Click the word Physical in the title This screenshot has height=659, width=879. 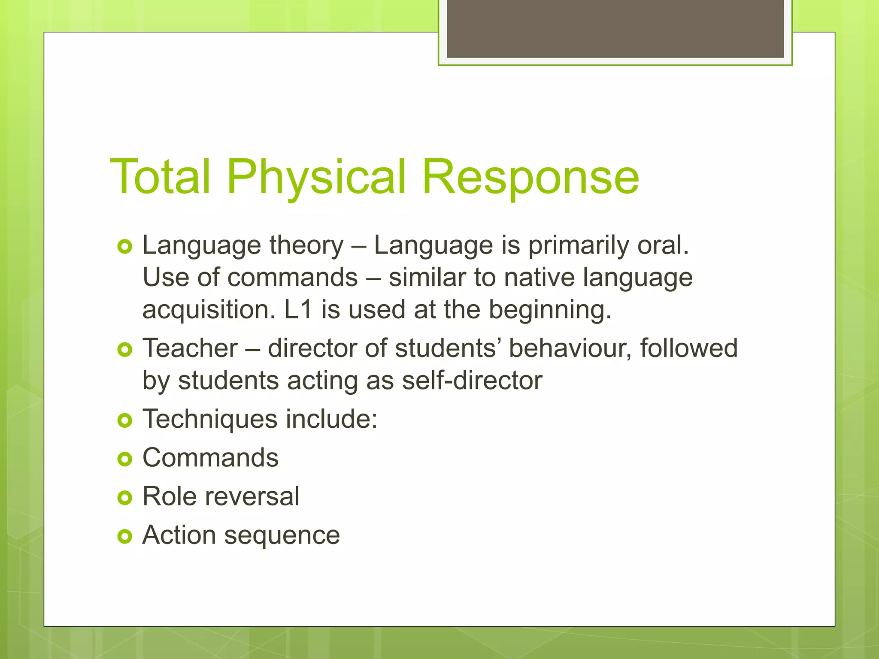pyautogui.click(x=316, y=177)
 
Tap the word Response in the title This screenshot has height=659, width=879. pyautogui.click(x=530, y=177)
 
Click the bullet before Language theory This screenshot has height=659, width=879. pyautogui.click(x=124, y=247)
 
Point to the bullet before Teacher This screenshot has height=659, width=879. pyautogui.click(x=124, y=350)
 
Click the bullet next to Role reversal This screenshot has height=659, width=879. pyautogui.click(x=124, y=498)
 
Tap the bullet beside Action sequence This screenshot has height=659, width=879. pyautogui.click(x=124, y=536)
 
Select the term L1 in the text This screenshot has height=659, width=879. pyautogui.click(x=298, y=309)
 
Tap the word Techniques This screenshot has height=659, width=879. pyautogui.click(x=209, y=419)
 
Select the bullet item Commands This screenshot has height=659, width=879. pyautogui.click(x=210, y=458)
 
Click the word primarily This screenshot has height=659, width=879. pyautogui.click(x=578, y=246)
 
